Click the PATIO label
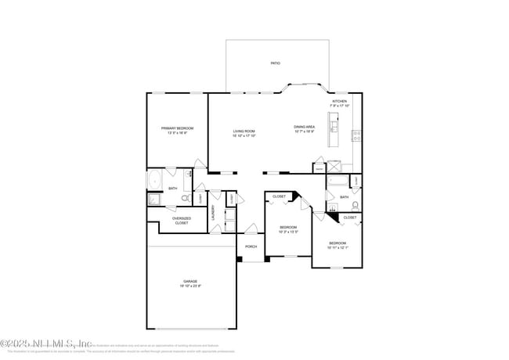[276, 63]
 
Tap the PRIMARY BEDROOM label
[177, 128]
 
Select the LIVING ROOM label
[244, 131]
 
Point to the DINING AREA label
[305, 127]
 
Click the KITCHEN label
[339, 102]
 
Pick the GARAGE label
[190, 281]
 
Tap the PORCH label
[251, 247]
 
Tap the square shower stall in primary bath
[154, 200]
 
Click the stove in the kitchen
[356, 134]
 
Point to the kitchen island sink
[334, 125]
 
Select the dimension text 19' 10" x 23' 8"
[190, 286]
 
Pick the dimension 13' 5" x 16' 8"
[177, 133]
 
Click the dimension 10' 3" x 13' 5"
[288, 232]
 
